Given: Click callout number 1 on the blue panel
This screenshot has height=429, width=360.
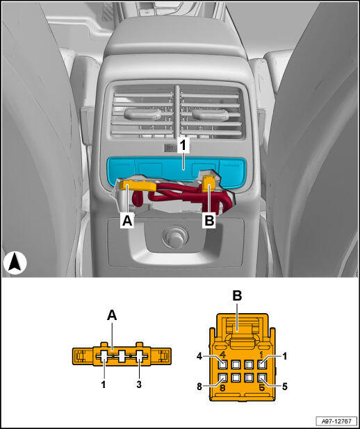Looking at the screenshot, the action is [x=183, y=146].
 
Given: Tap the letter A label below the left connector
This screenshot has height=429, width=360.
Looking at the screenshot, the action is [x=127, y=221].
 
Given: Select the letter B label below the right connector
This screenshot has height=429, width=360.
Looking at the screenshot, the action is [x=209, y=221].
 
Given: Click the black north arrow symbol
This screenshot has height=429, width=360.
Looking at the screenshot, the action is [x=15, y=262].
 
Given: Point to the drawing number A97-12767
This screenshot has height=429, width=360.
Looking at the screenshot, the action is [x=336, y=421].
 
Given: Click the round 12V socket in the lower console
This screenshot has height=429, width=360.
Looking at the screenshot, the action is [x=175, y=237].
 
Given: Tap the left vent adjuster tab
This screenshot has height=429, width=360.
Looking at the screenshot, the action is [x=142, y=114].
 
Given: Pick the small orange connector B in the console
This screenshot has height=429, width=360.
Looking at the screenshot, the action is [x=208, y=185].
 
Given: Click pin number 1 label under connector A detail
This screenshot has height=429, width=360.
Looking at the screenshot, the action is [x=104, y=385].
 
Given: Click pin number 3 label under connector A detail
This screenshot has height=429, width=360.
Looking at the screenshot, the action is [x=139, y=385].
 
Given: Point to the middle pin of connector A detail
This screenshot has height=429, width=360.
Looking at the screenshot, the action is [x=122, y=356].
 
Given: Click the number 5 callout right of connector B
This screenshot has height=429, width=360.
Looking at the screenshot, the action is [x=285, y=387].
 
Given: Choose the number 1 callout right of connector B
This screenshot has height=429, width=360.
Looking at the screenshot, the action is [x=285, y=357].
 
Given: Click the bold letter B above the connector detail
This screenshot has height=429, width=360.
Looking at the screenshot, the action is [x=237, y=296].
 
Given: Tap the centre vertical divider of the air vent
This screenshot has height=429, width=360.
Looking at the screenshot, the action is [x=177, y=112].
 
